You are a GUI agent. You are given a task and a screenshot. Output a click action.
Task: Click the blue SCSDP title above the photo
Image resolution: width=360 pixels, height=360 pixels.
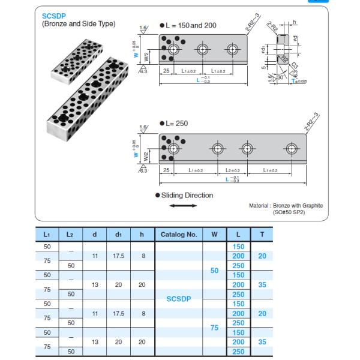55,16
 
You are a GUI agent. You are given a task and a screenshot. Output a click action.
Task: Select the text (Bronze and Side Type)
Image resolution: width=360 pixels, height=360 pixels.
79,24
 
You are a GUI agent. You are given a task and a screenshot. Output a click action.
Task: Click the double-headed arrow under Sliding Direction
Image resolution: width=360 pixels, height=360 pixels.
183,206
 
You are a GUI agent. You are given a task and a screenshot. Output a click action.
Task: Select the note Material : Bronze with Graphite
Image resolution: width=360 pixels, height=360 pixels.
286,205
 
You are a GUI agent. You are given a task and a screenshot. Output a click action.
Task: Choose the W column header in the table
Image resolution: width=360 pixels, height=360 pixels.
214,235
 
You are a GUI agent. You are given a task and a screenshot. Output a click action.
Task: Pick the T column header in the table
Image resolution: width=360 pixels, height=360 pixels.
262,235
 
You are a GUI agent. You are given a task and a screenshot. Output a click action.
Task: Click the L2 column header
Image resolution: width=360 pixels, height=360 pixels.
71,235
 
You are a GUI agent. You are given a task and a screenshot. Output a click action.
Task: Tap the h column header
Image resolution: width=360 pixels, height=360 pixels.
142,235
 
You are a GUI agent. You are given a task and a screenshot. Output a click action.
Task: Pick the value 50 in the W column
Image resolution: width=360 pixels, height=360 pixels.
214,271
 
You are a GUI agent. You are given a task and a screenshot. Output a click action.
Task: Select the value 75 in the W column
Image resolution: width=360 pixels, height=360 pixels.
214,328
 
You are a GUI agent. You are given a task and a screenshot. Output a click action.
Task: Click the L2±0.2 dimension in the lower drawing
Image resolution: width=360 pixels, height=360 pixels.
235,171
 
